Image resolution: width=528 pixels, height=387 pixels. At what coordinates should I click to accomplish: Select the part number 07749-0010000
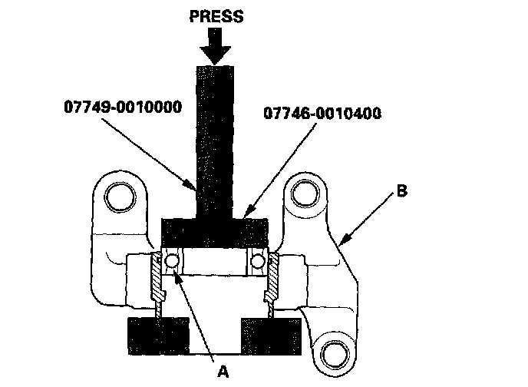(122, 106)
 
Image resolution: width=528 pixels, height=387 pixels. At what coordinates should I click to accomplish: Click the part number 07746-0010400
(322, 114)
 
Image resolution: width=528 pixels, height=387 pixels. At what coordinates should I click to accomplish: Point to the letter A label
(223, 371)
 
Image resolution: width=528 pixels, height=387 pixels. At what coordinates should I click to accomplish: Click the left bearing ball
(172, 262)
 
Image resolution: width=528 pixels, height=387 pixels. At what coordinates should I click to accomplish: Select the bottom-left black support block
(157, 333)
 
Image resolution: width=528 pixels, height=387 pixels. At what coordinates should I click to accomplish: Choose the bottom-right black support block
(271, 333)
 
